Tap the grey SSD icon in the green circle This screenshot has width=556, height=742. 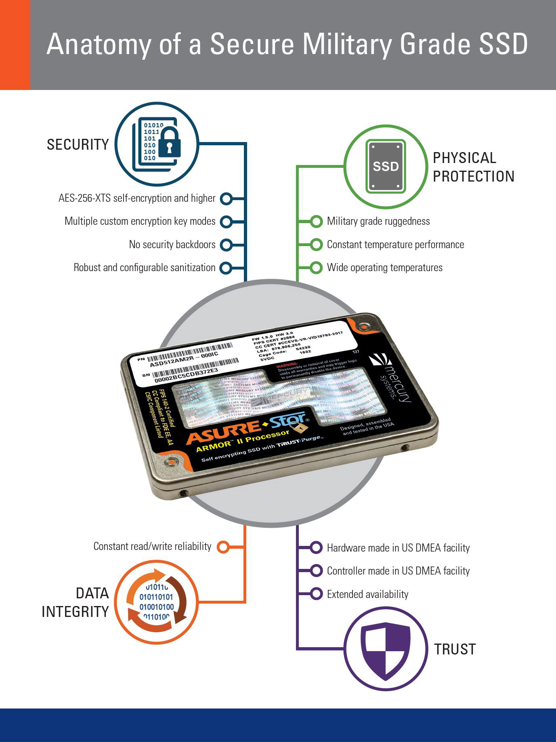(386, 166)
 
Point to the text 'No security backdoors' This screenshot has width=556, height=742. (172, 245)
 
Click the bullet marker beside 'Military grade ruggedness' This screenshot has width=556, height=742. (317, 222)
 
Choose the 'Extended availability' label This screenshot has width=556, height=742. (367, 594)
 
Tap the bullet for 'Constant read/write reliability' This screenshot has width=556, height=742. (223, 547)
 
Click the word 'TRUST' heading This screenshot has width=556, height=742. (455, 649)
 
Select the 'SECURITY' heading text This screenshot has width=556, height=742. (78, 144)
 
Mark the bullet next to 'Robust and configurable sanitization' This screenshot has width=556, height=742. (226, 268)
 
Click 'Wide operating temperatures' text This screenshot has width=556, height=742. (384, 268)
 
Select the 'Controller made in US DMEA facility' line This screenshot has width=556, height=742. (398, 571)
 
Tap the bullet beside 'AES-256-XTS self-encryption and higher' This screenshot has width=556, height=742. (226, 199)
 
